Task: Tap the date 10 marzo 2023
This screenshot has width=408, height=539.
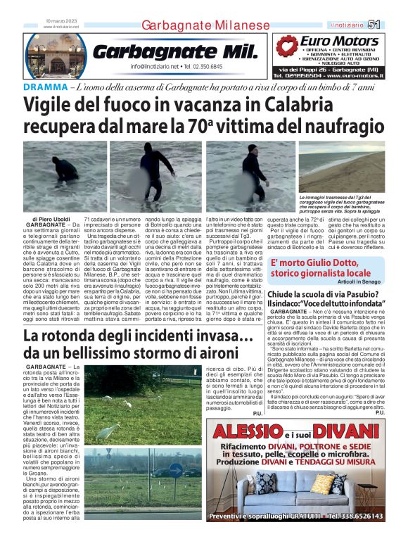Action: pos(59,20)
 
